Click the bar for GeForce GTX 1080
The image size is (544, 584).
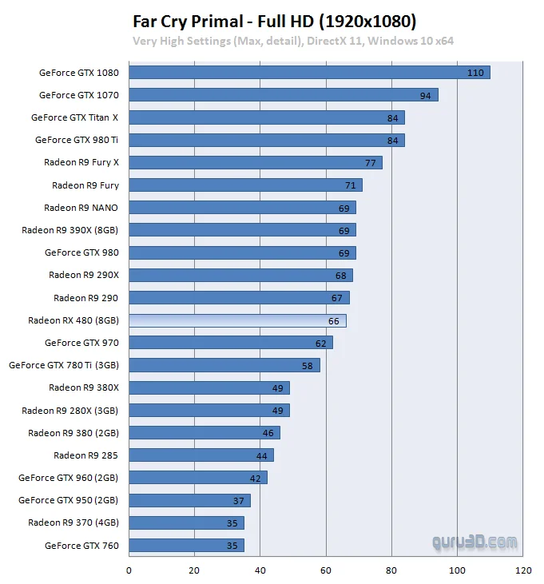point(309,73)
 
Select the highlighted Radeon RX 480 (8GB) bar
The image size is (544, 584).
point(237,321)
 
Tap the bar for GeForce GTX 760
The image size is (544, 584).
point(186,546)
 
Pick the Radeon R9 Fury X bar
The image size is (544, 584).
point(255,163)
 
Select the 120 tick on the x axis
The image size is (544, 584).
point(523,571)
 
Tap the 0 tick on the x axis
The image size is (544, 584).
point(129,571)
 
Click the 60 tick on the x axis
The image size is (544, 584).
point(326,571)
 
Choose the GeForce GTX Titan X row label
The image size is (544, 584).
point(74,117)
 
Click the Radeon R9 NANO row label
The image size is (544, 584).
point(81,208)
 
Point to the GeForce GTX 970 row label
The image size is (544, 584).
point(81,343)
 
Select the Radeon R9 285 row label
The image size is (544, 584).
point(85,455)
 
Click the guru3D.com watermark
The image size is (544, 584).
point(475,542)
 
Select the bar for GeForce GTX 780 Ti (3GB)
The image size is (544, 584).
point(224,366)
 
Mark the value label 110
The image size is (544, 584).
point(476,73)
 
